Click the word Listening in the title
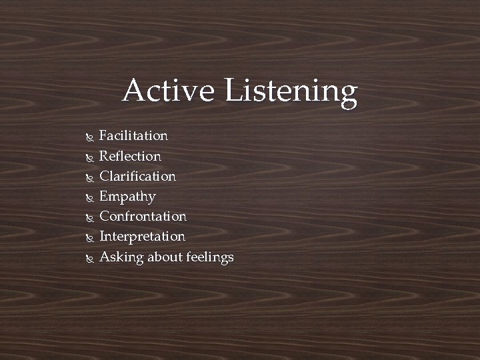(291, 92)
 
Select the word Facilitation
(133, 136)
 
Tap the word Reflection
(130, 156)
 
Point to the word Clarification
(137, 177)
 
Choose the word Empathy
(127, 197)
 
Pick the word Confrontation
(143, 217)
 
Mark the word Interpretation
(142, 237)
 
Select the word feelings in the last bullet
(210, 258)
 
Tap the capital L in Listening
(234, 91)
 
